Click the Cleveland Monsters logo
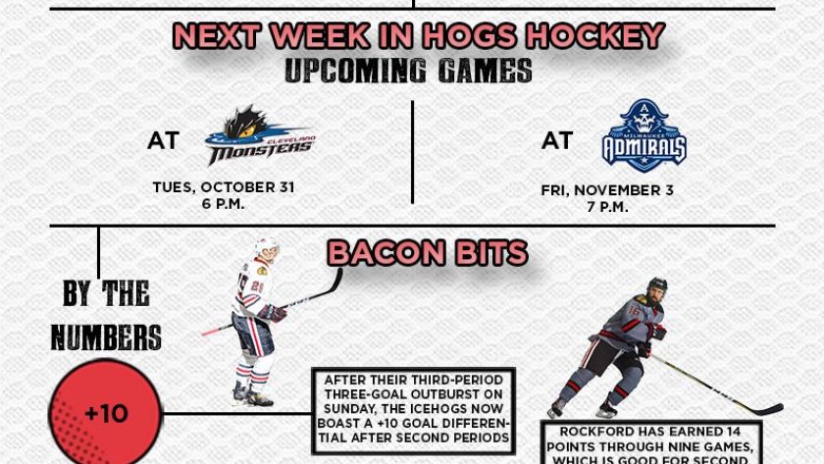point(260,135)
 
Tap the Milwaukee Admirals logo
point(644,135)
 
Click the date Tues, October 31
point(224,187)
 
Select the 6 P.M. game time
point(224,204)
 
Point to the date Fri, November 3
point(607,190)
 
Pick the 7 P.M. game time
point(607,207)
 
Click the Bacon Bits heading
point(428,253)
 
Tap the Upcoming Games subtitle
point(408,71)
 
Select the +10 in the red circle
point(106,414)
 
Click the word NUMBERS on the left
point(106,337)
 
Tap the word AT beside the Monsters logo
point(164,141)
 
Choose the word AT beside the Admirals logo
point(557,141)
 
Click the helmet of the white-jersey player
point(267,247)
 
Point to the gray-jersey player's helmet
point(657,285)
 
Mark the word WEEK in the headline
point(320,35)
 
